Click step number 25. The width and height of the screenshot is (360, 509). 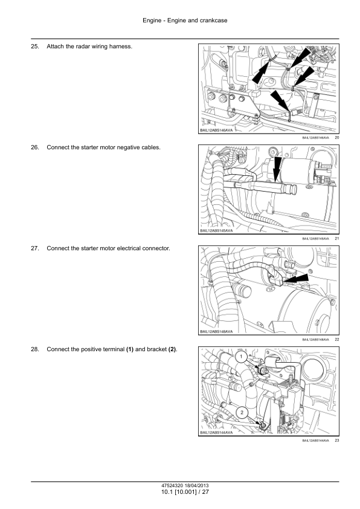pos(34,47)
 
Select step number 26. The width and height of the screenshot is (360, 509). pos(34,148)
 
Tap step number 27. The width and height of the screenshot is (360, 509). pos(34,248)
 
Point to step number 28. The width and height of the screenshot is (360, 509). pos(34,349)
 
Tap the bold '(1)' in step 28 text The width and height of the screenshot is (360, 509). pos(130,349)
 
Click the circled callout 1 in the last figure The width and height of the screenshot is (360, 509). pos(240,357)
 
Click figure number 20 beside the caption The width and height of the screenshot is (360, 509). pos(336,138)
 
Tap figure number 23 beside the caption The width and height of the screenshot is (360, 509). pos(336,441)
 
